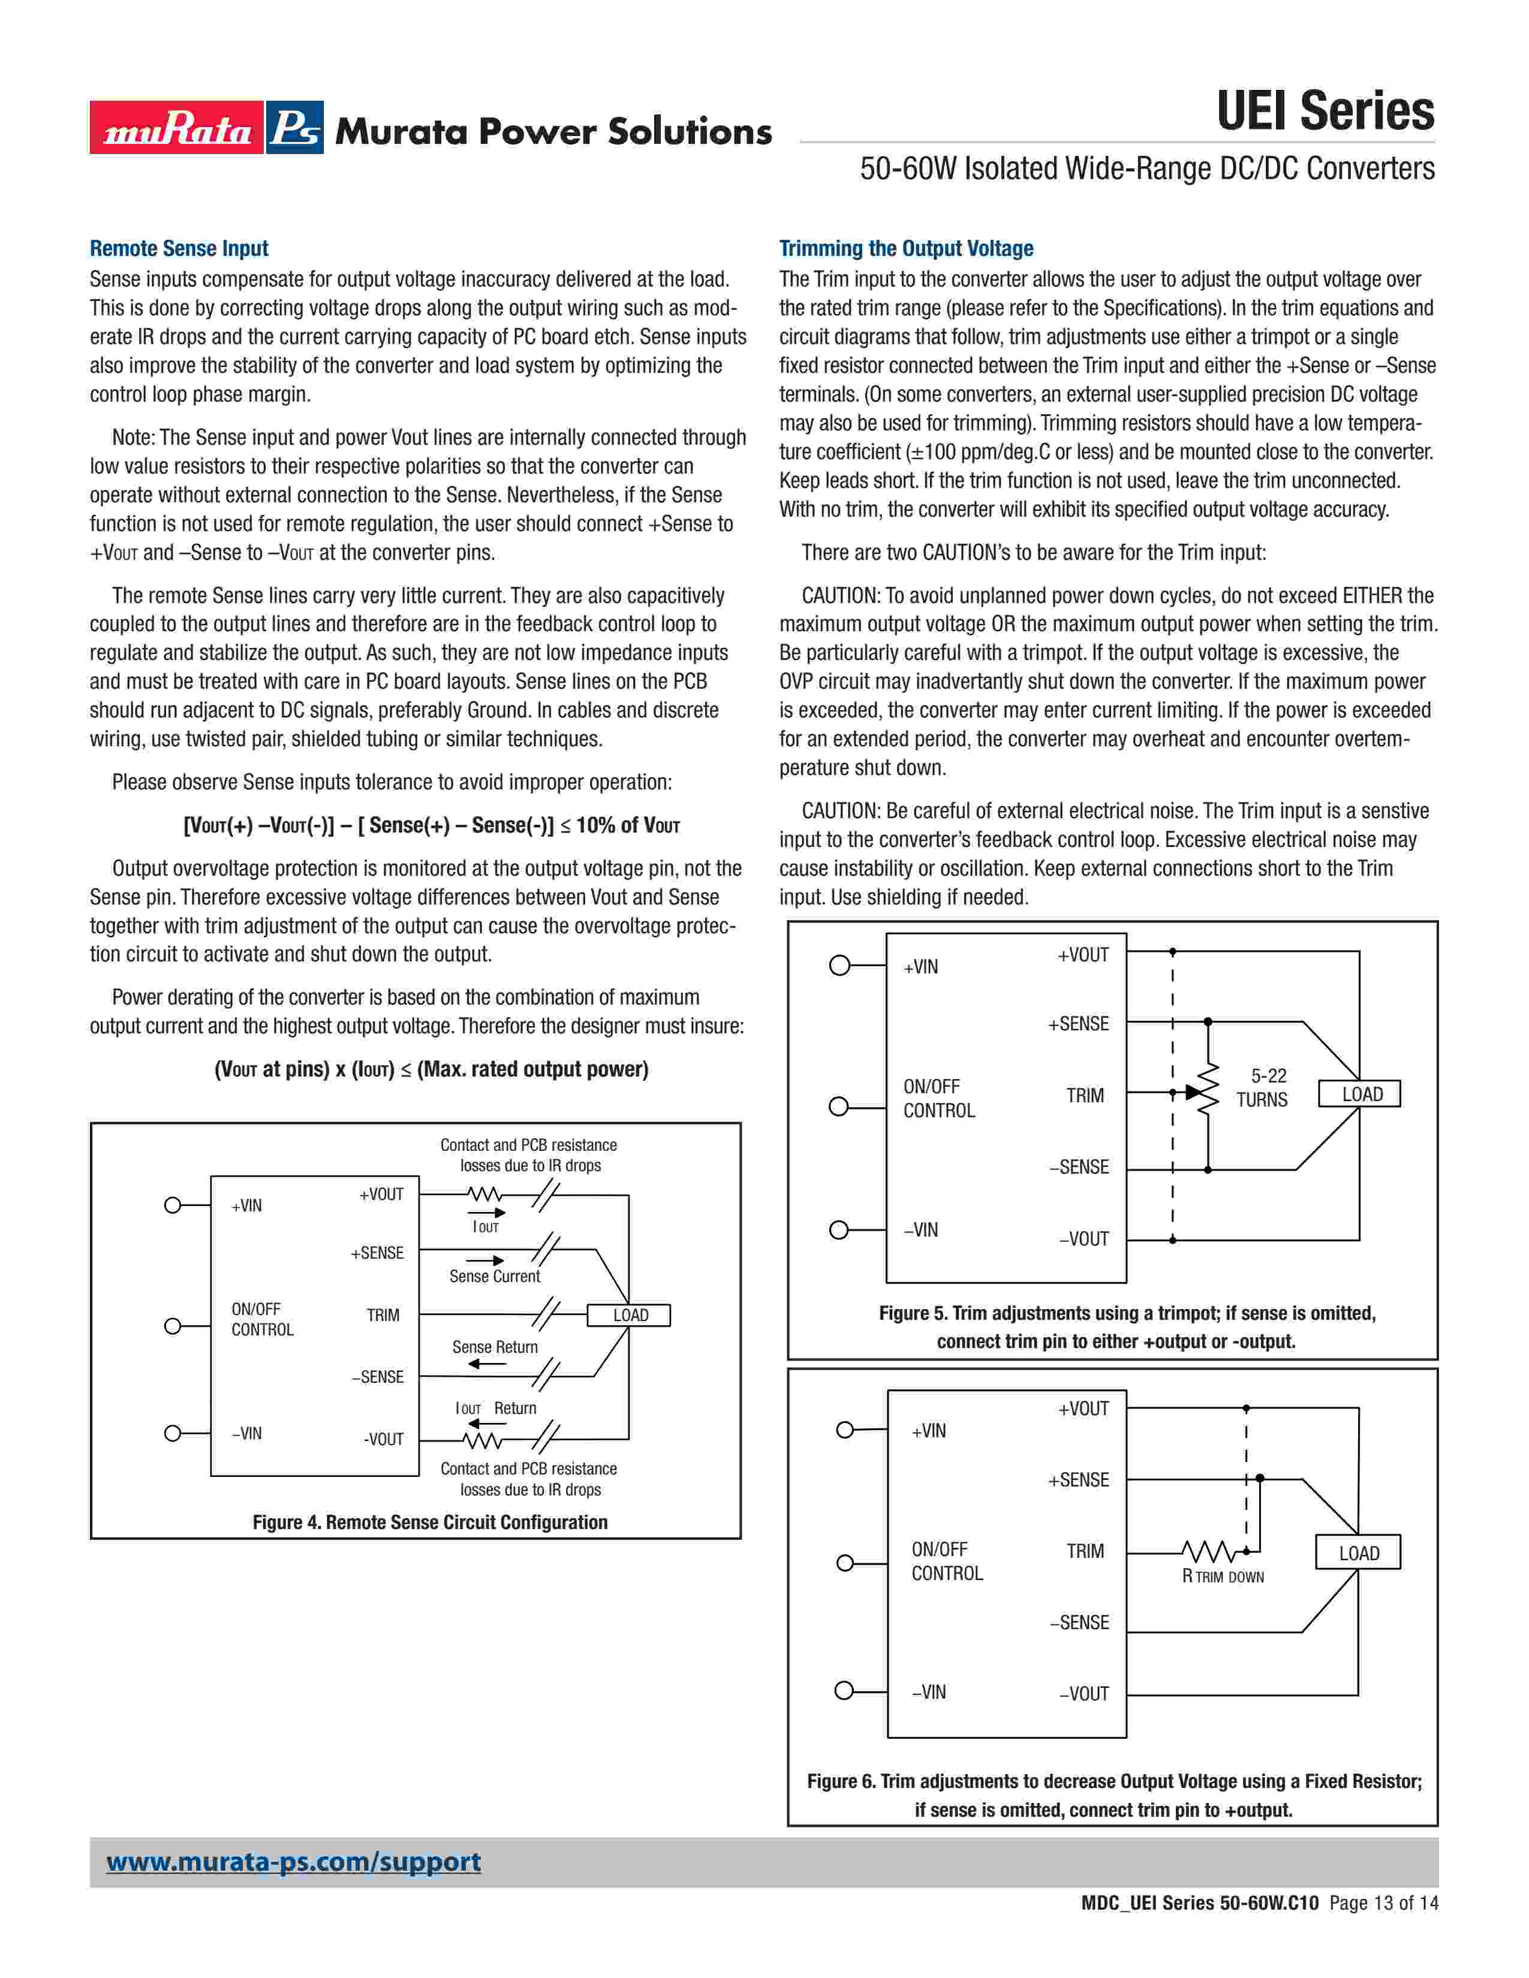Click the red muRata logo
(x=177, y=128)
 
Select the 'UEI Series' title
(x=1325, y=111)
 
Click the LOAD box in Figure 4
(x=630, y=1315)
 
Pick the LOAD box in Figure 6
(x=1358, y=1553)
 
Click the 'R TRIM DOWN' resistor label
(x=1222, y=1577)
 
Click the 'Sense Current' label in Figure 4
(x=495, y=1276)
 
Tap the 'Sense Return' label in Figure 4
(x=495, y=1347)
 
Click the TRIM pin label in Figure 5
(x=1084, y=1096)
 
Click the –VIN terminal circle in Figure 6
(x=844, y=1691)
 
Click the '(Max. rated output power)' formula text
(x=532, y=1069)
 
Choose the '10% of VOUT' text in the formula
(x=628, y=825)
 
